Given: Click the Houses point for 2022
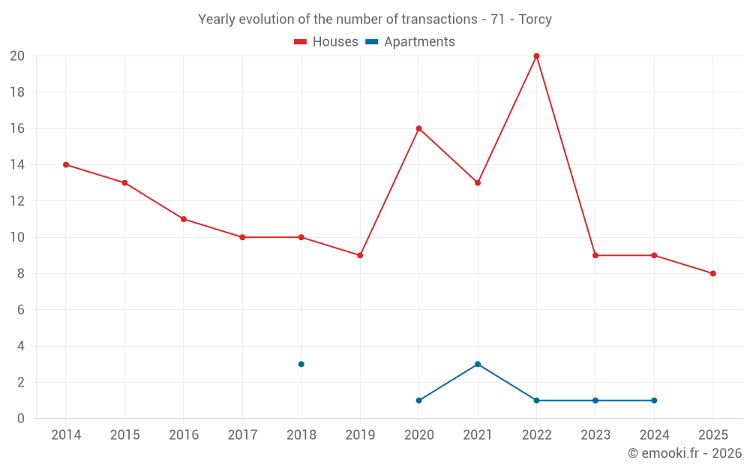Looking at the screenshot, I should tap(536, 56).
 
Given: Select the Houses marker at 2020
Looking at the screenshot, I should tap(418, 128).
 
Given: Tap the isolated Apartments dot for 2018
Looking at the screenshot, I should tap(301, 364).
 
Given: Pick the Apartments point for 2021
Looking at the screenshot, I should tap(478, 364).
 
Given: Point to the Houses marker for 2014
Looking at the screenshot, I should tap(66, 164).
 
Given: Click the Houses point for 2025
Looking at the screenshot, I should tap(712, 273).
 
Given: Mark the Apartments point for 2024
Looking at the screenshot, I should tap(654, 400).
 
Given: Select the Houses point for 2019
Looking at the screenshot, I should tap(360, 255).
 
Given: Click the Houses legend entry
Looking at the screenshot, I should tap(326, 42).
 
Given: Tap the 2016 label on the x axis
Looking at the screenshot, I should tap(184, 435).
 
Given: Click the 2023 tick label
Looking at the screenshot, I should tap(595, 435).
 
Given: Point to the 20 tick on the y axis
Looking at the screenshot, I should tap(17, 56).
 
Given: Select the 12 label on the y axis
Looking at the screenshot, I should tap(17, 201).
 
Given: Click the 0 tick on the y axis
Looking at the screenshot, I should tap(21, 418).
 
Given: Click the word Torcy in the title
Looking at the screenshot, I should tap(535, 20).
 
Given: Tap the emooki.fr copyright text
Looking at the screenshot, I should tap(685, 453).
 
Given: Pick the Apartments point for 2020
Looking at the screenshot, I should tap(418, 400).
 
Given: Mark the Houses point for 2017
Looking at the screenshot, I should tap(242, 237).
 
